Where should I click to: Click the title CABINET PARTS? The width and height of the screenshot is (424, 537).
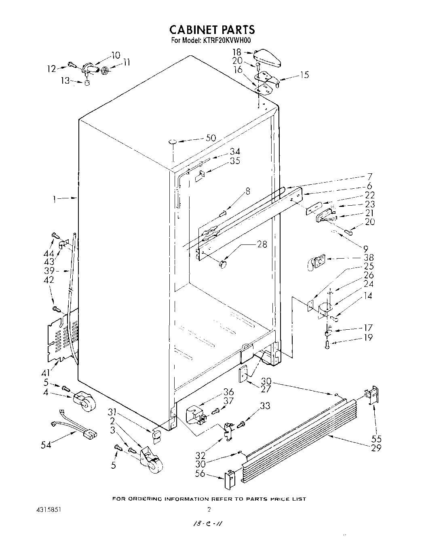212,29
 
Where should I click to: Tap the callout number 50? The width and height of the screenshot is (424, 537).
211,138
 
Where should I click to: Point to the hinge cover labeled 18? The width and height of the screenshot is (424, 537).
268,57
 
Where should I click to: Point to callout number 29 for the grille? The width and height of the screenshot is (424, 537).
376,448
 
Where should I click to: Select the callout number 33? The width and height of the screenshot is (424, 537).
265,406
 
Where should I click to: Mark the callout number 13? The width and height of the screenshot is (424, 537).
65,80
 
